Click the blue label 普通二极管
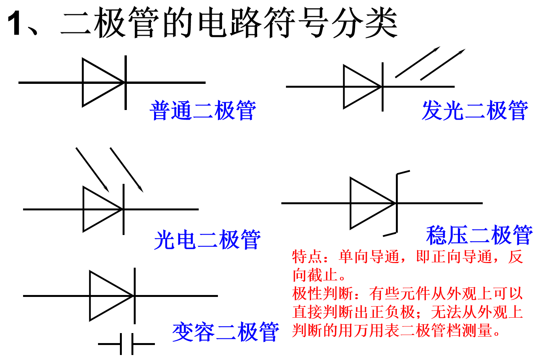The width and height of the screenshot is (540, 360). coord(203,111)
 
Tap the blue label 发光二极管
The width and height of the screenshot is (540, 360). coord(475,111)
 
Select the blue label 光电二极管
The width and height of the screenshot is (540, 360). coord(207,240)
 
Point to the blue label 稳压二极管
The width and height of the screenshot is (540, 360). coord(479,235)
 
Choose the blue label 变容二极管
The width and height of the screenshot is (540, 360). coord(226,332)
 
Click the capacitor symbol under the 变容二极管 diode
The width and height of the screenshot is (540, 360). coord(127,344)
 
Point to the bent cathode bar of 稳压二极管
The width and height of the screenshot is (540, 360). coord(397,203)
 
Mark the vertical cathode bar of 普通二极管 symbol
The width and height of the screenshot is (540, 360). coord(126,82)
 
